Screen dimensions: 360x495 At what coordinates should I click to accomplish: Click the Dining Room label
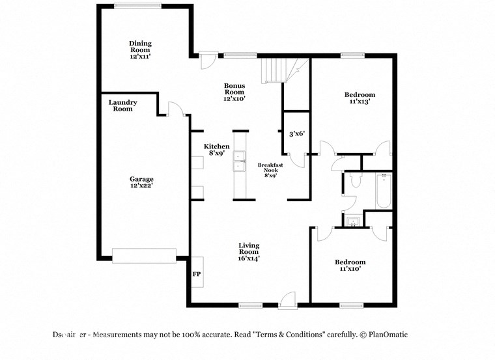[x=140, y=49]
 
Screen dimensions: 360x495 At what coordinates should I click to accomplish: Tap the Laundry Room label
[x=122, y=105]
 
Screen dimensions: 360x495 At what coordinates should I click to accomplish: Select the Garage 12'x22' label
[x=141, y=182]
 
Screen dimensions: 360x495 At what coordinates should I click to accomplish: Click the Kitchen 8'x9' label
[x=216, y=150]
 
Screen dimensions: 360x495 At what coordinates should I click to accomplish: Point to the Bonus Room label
[x=234, y=92]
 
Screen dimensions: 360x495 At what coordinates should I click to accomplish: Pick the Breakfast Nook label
[x=270, y=170]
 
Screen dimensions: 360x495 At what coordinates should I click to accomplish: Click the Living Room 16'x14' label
[x=249, y=252]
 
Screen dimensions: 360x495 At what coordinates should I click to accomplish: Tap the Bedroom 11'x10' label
[x=350, y=266]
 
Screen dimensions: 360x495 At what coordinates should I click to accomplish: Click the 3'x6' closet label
[x=297, y=134]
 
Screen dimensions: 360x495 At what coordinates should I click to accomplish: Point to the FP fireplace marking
[x=196, y=274]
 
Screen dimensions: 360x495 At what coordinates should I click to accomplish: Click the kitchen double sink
[x=239, y=161]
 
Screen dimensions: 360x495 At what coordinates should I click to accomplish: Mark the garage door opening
[x=144, y=256]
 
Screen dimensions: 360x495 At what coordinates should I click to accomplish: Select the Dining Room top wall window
[x=138, y=6]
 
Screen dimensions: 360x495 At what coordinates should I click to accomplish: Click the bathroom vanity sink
[x=353, y=222]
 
